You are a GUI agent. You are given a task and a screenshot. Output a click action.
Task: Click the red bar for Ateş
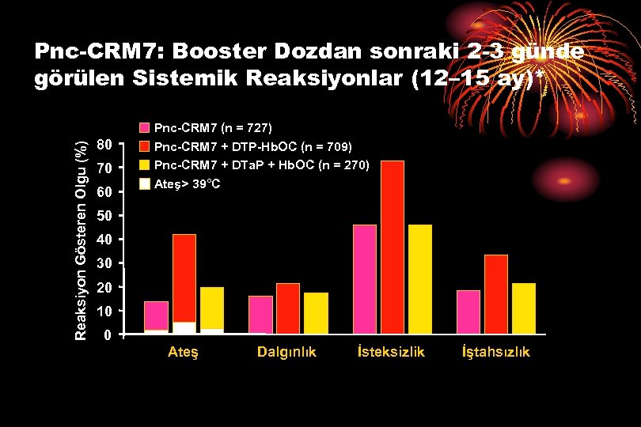tap(184, 277)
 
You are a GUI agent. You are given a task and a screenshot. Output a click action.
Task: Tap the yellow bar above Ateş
tap(212, 307)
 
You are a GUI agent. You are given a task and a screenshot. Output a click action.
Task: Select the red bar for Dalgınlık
tap(288, 308)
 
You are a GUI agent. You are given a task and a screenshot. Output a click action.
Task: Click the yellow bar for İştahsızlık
tap(524, 308)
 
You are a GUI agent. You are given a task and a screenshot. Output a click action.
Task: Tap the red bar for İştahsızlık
tap(496, 293)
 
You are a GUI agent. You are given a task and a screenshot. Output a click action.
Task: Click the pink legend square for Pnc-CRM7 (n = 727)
tap(145, 127)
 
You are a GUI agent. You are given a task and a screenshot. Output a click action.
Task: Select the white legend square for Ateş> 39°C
tap(145, 184)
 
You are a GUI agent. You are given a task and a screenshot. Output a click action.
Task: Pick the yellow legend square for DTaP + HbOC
tap(145, 165)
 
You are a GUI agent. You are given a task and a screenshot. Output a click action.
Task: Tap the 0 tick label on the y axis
tap(108, 334)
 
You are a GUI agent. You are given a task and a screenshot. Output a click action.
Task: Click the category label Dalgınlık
tap(286, 353)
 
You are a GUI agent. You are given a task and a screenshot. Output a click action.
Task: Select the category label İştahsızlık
tap(496, 353)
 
